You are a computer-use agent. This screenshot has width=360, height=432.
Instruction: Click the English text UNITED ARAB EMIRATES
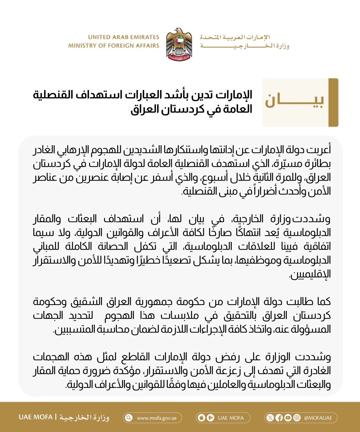click(x=123, y=37)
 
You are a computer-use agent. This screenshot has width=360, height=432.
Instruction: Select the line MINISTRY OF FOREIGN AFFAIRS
click(x=114, y=46)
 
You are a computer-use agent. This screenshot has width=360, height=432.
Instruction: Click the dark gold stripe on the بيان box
click(x=333, y=102)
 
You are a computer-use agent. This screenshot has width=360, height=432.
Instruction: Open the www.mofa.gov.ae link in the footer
click(x=157, y=418)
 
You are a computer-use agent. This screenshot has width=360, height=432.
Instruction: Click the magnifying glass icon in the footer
click(x=129, y=418)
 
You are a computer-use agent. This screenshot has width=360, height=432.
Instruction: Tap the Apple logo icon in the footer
click(x=201, y=418)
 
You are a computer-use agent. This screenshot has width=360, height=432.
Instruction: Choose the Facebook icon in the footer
click(x=279, y=418)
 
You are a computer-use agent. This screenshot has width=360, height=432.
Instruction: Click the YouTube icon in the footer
click(x=288, y=418)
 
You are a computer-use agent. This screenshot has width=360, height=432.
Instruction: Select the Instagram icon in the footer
click(x=297, y=418)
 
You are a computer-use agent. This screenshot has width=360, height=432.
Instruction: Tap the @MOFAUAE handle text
click(x=318, y=418)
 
